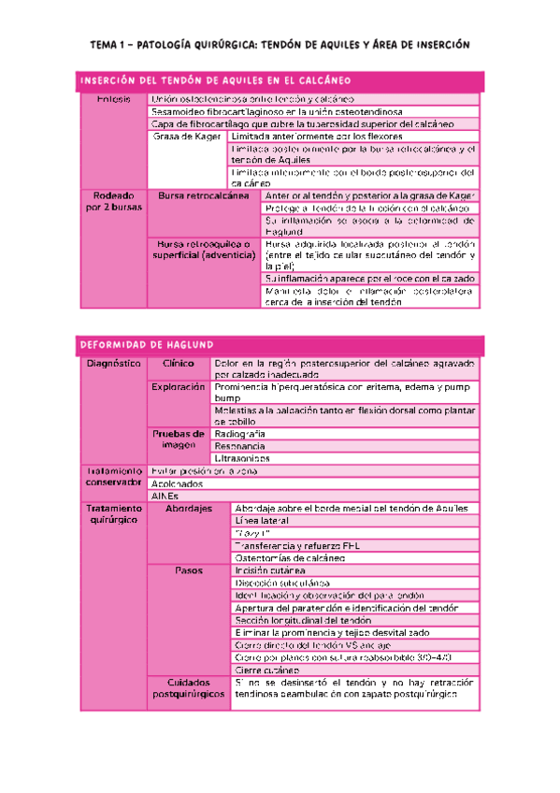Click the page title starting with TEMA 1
[279, 44]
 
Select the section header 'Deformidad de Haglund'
[135, 343]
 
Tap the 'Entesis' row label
[113, 98]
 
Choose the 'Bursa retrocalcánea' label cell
[205, 195]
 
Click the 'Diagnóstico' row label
[113, 363]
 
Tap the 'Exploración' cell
[179, 387]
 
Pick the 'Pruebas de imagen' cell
[179, 440]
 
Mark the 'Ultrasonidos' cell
[242, 459]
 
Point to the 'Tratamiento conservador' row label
[113, 477]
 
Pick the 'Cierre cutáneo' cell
[268, 670]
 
